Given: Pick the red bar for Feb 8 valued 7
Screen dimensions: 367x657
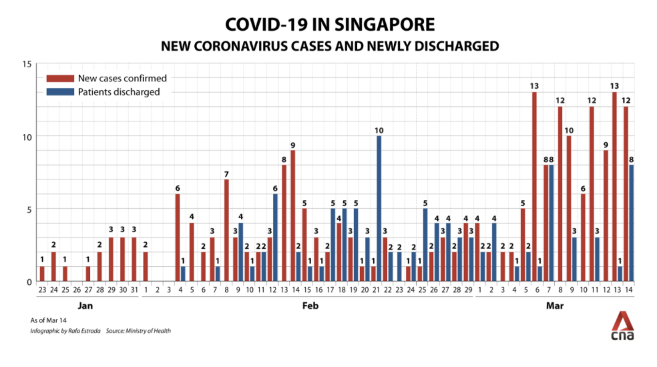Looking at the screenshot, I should click(x=226, y=230).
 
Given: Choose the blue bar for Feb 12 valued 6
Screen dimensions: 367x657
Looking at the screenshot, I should click(x=275, y=238).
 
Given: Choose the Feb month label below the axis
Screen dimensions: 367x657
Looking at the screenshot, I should click(x=309, y=306).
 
